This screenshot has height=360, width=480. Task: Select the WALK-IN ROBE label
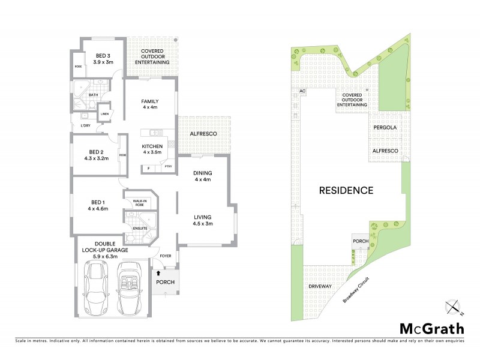pos(140,203)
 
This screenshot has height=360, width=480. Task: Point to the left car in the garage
pos(96,288)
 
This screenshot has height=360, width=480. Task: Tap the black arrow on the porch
pos(158,273)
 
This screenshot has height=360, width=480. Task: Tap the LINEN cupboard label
pos(104,114)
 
